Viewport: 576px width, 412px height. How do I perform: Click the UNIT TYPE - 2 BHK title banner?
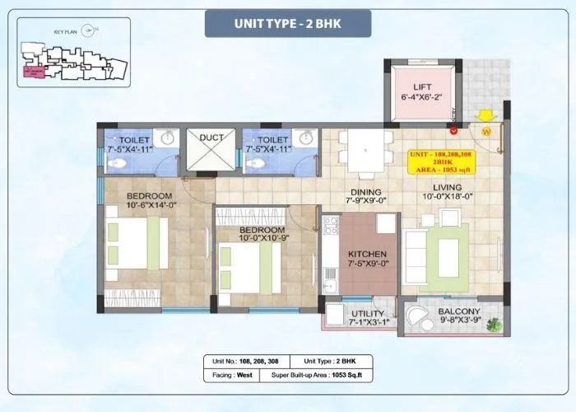coord(287,23)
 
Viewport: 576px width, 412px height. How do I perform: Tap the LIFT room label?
coord(422,86)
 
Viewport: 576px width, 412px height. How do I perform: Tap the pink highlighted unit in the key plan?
coord(35,73)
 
